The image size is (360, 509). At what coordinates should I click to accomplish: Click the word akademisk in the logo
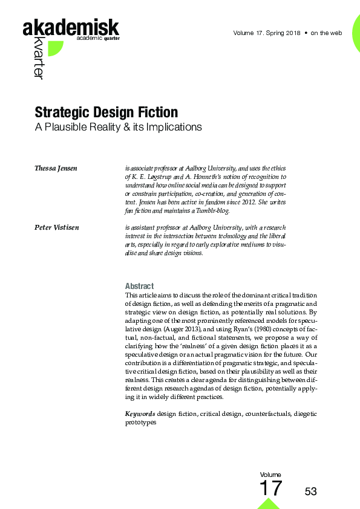tap(70, 28)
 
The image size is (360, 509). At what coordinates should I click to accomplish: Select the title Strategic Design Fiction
tap(106, 112)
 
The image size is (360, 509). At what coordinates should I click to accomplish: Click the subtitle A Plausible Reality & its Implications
tap(118, 128)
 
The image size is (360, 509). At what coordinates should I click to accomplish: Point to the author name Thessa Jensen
tap(56, 167)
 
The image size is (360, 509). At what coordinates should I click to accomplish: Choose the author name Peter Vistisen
tap(57, 227)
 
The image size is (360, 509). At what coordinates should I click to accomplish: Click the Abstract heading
tap(139, 286)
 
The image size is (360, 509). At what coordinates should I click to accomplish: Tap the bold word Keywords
tap(140, 413)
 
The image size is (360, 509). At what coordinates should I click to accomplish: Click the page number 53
tap(311, 491)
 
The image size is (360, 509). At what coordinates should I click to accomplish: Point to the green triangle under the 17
tap(269, 504)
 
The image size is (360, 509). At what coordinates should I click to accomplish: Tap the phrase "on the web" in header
tap(327, 33)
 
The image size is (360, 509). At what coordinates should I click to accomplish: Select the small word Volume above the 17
tap(270, 475)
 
